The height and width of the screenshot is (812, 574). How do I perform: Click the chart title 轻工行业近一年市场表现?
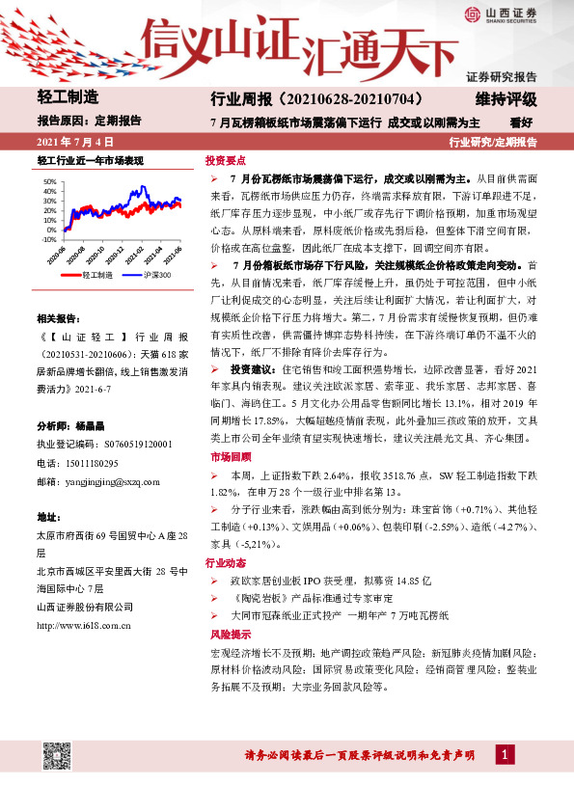pyautogui.click(x=90, y=160)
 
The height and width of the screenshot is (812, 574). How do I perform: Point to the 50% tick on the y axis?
pyautogui.click(x=48, y=181)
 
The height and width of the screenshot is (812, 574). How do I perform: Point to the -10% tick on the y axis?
pyautogui.click(x=48, y=238)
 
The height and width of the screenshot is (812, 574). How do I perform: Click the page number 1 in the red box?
pyautogui.click(x=505, y=752)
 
